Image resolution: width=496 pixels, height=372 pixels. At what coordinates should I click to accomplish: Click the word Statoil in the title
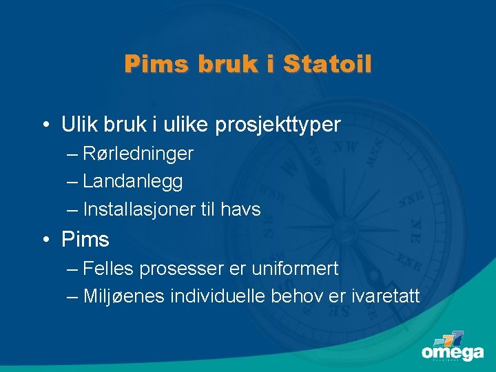(x=327, y=65)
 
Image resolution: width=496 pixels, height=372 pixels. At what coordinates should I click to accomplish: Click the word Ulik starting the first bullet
(x=79, y=125)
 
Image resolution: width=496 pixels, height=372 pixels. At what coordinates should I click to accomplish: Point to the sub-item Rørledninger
(x=138, y=153)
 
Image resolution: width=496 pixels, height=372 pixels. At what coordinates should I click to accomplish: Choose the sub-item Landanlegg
(x=132, y=181)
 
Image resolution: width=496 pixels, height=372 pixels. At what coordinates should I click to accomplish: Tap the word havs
(x=240, y=209)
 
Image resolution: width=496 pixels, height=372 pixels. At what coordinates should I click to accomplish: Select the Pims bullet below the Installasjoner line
(x=85, y=240)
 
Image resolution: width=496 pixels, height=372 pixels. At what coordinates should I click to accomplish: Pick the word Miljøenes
(x=123, y=296)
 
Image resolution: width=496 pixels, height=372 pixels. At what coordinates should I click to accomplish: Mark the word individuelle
(x=217, y=296)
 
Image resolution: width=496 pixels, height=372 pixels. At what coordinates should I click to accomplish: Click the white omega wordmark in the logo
(x=453, y=352)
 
